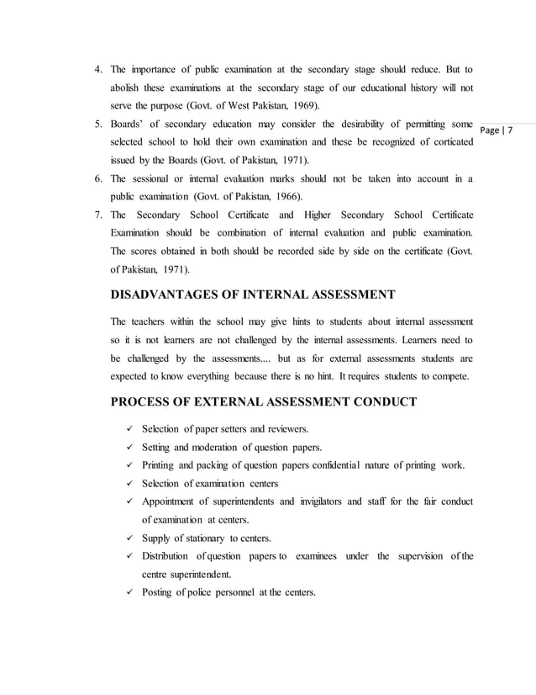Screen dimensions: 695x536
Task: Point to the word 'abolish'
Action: [130, 86]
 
